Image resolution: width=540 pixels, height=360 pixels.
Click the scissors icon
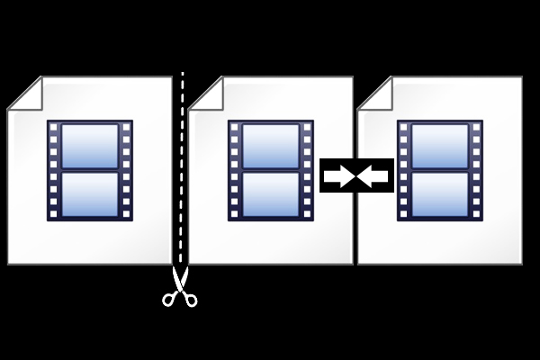[x=180, y=288]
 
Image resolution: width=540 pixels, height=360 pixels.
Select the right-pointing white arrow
[x=339, y=175]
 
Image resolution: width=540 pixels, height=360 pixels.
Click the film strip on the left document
[x=90, y=171]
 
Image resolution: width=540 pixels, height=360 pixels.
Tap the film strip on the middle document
[x=270, y=171]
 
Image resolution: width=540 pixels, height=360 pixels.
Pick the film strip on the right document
[x=440, y=171]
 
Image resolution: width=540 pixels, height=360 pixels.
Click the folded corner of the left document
[x=24, y=92]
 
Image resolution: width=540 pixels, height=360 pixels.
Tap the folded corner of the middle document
[x=206, y=92]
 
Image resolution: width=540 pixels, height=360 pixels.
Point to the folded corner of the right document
[x=374, y=92]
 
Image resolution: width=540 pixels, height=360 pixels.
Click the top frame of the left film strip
[x=90, y=146]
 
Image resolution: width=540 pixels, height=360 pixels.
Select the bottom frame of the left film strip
[x=90, y=194]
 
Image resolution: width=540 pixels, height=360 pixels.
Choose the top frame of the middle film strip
[x=270, y=146]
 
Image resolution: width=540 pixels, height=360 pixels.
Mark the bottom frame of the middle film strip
[x=270, y=194]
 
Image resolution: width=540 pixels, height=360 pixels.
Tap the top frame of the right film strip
[x=440, y=146]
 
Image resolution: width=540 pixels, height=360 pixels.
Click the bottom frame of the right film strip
[x=440, y=194]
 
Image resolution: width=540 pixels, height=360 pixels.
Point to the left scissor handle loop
[x=168, y=299]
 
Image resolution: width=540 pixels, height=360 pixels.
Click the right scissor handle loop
[x=191, y=299]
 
